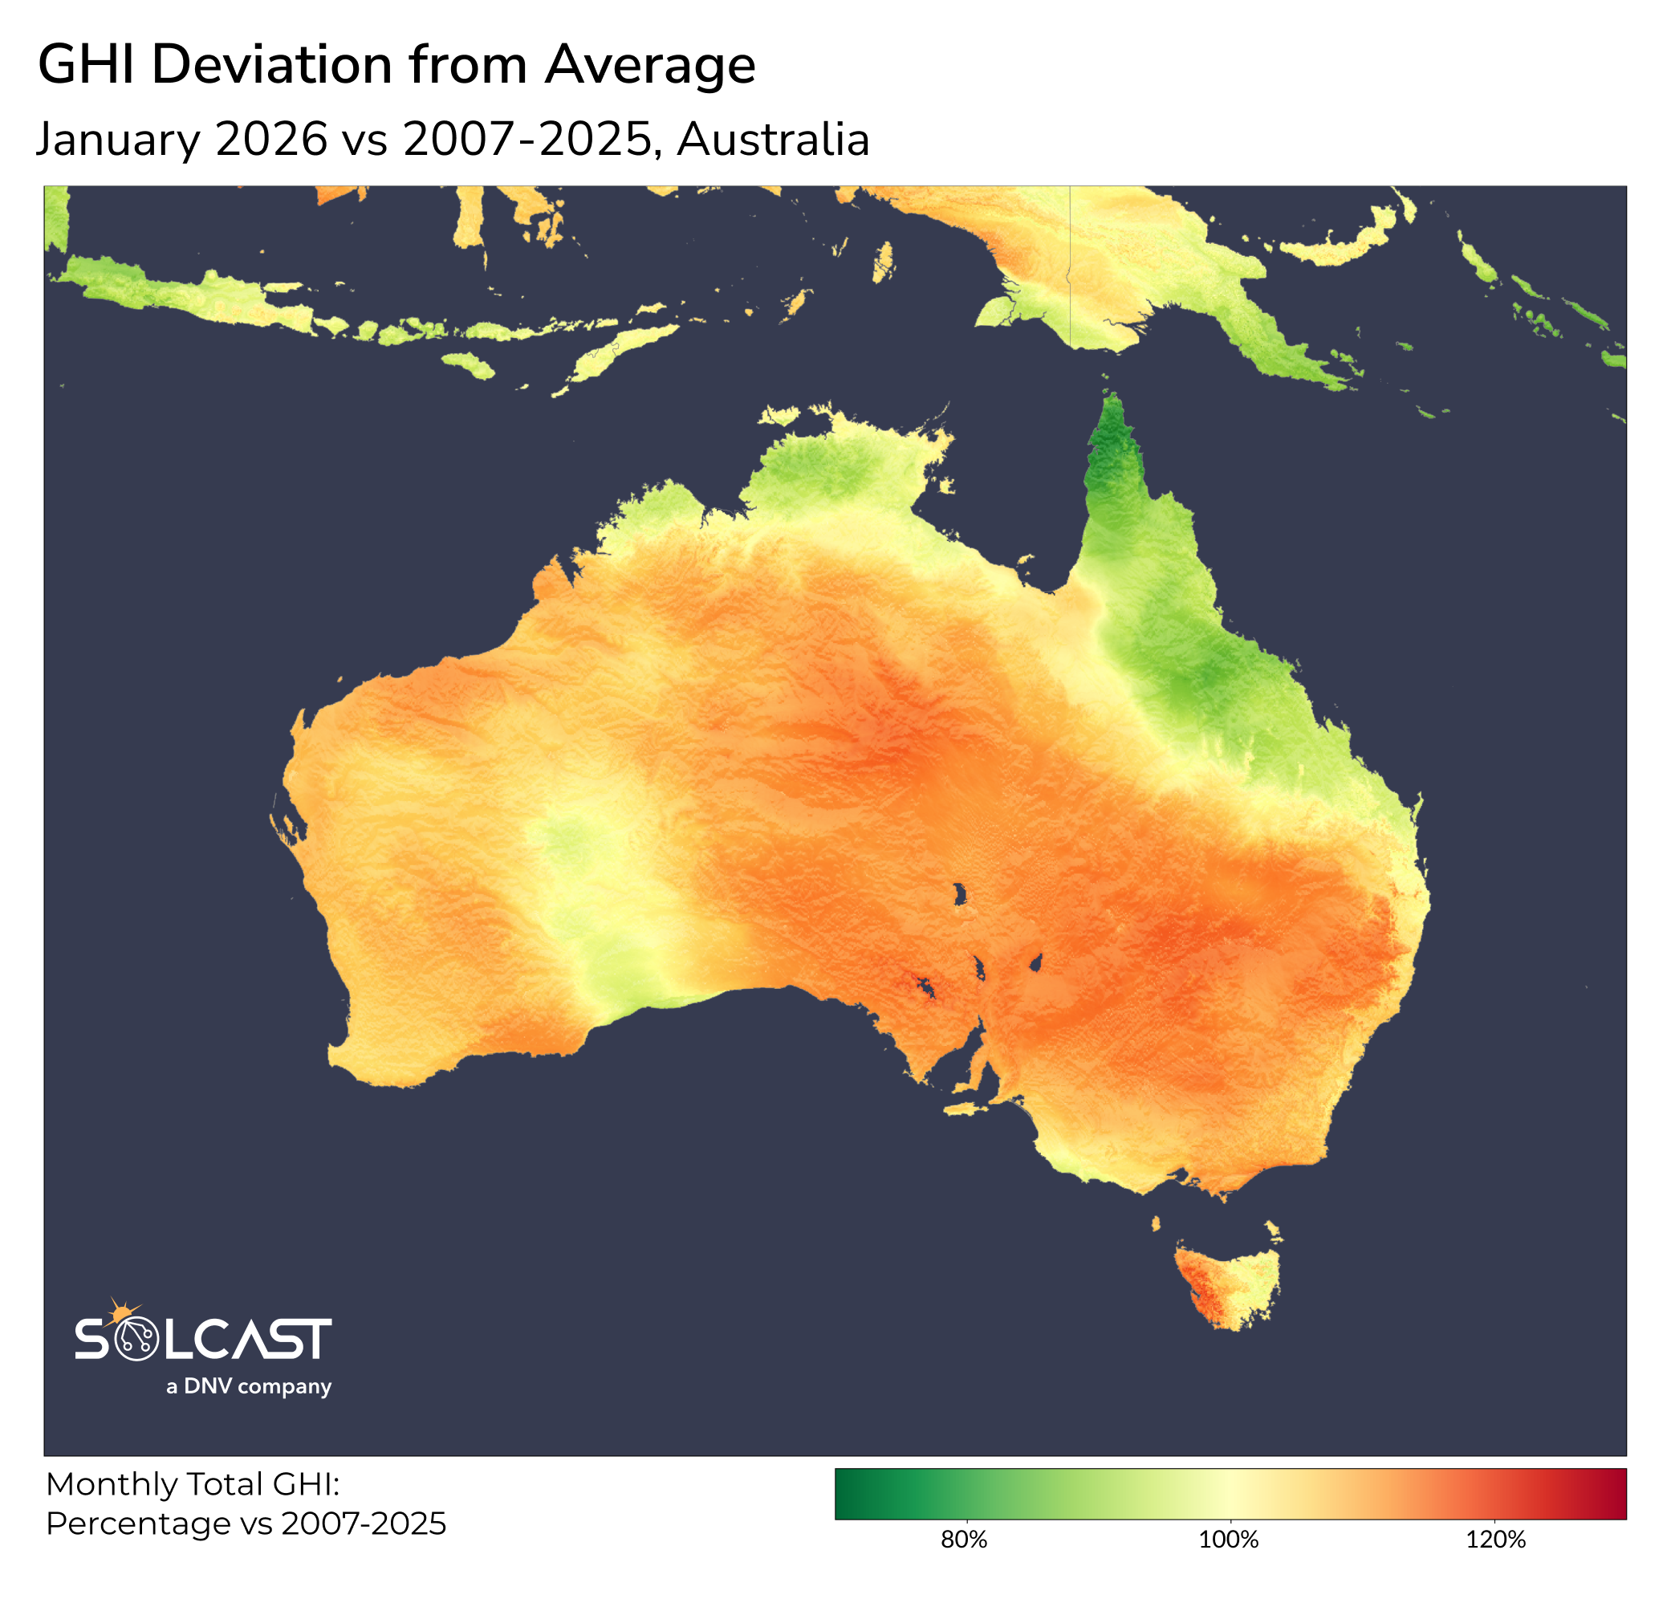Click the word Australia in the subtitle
[x=772, y=139]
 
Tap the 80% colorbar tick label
[x=964, y=1540]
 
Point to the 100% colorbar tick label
[x=1229, y=1540]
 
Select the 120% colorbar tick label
[x=1495, y=1540]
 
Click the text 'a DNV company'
[x=248, y=1386]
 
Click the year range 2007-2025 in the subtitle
[x=528, y=139]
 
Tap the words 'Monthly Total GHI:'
[x=193, y=1484]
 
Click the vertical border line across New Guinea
[x=1070, y=256]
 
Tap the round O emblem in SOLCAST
[x=136, y=1339]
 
